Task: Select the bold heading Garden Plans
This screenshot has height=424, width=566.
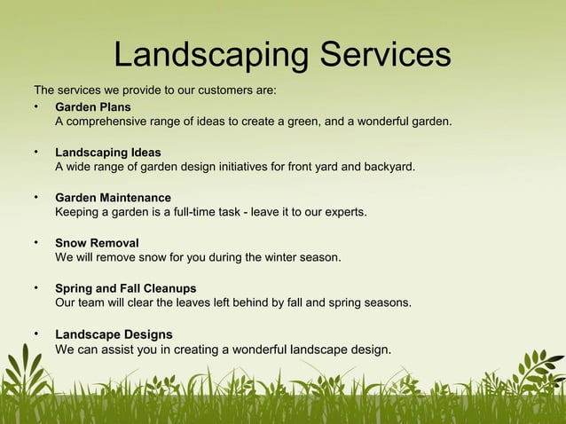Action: pyautogui.click(x=92, y=107)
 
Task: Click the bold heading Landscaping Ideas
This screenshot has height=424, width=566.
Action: pyautogui.click(x=108, y=153)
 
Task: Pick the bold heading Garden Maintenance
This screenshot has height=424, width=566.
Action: pyautogui.click(x=113, y=197)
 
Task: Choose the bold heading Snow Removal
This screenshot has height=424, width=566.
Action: pyautogui.click(x=97, y=242)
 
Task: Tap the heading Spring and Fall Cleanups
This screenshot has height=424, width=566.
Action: pyautogui.click(x=126, y=288)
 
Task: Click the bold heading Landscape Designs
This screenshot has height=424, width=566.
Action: pyautogui.click(x=114, y=334)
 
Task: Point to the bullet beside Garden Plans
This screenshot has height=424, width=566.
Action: pyautogui.click(x=36, y=106)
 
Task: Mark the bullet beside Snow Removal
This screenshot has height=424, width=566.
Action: pyautogui.click(x=36, y=241)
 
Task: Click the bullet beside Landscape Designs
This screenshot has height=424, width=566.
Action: pyautogui.click(x=36, y=334)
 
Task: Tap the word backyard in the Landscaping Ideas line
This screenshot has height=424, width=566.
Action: pyautogui.click(x=385, y=167)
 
